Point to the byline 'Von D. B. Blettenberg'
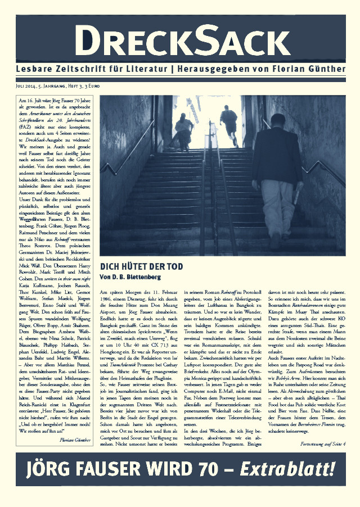coord(131,277)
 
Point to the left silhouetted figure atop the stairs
coord(184,131)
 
